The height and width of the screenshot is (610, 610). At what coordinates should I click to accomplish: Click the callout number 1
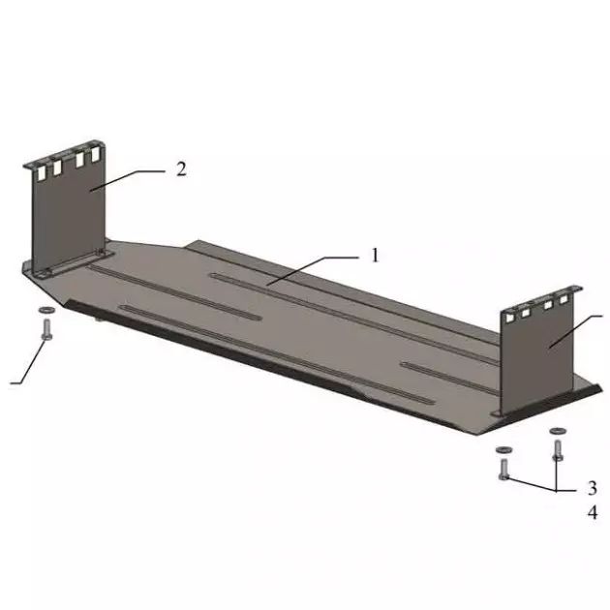[x=375, y=256]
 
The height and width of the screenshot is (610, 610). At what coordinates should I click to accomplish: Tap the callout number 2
[x=181, y=168]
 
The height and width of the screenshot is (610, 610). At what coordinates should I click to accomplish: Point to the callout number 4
[x=592, y=513]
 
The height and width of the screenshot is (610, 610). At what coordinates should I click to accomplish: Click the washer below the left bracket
[x=46, y=311]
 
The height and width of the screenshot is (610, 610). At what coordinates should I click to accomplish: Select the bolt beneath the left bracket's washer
[x=46, y=328]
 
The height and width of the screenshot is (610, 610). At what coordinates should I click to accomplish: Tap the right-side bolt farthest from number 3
[x=557, y=449]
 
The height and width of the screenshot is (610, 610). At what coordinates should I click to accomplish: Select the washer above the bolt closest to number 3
[x=502, y=450]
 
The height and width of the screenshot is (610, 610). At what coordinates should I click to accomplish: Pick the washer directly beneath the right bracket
[x=557, y=430]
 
